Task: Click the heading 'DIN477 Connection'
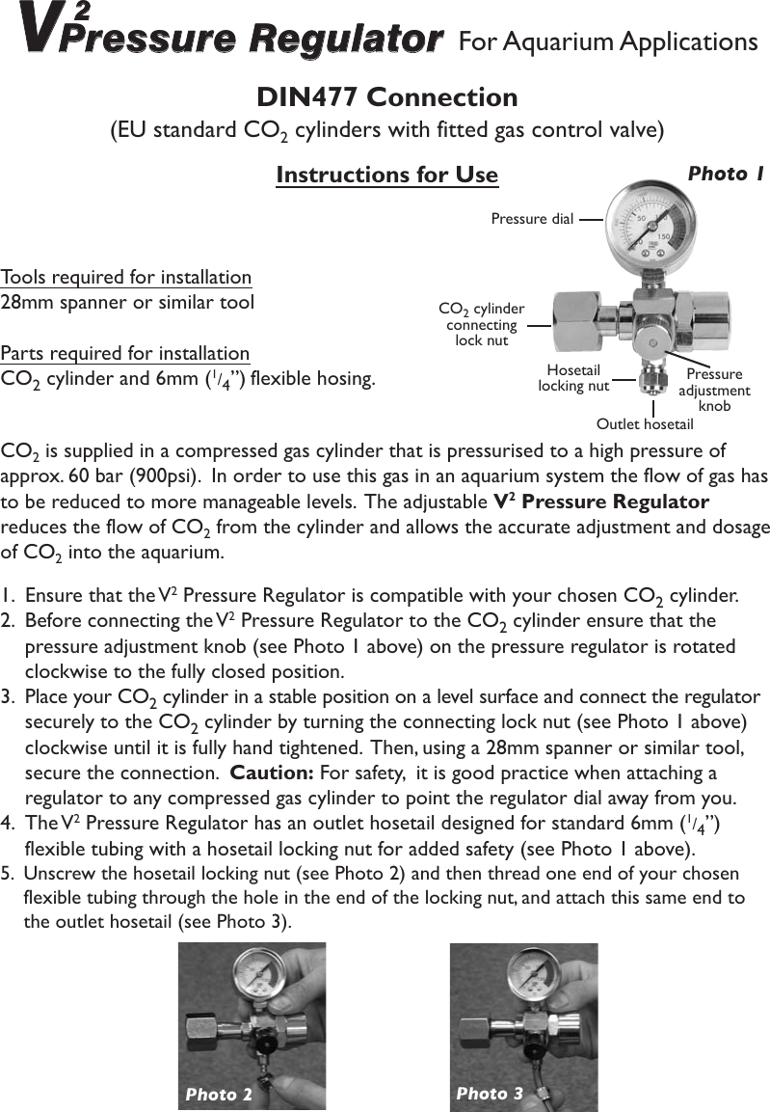tap(386, 97)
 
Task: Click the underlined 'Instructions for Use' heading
tap(386, 175)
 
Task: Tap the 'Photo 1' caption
tap(725, 174)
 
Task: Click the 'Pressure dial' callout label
tap(532, 219)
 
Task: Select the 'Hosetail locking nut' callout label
tap(573, 378)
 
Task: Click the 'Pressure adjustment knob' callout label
tap(714, 390)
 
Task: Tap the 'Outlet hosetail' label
tap(645, 424)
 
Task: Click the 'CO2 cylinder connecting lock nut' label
tap(481, 324)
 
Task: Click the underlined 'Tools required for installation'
tap(126, 278)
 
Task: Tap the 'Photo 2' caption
tap(219, 1094)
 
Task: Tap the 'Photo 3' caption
tap(490, 1093)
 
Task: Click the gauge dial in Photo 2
tap(253, 982)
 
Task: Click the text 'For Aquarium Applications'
tap(608, 42)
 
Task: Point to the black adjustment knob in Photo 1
tap(652, 340)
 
